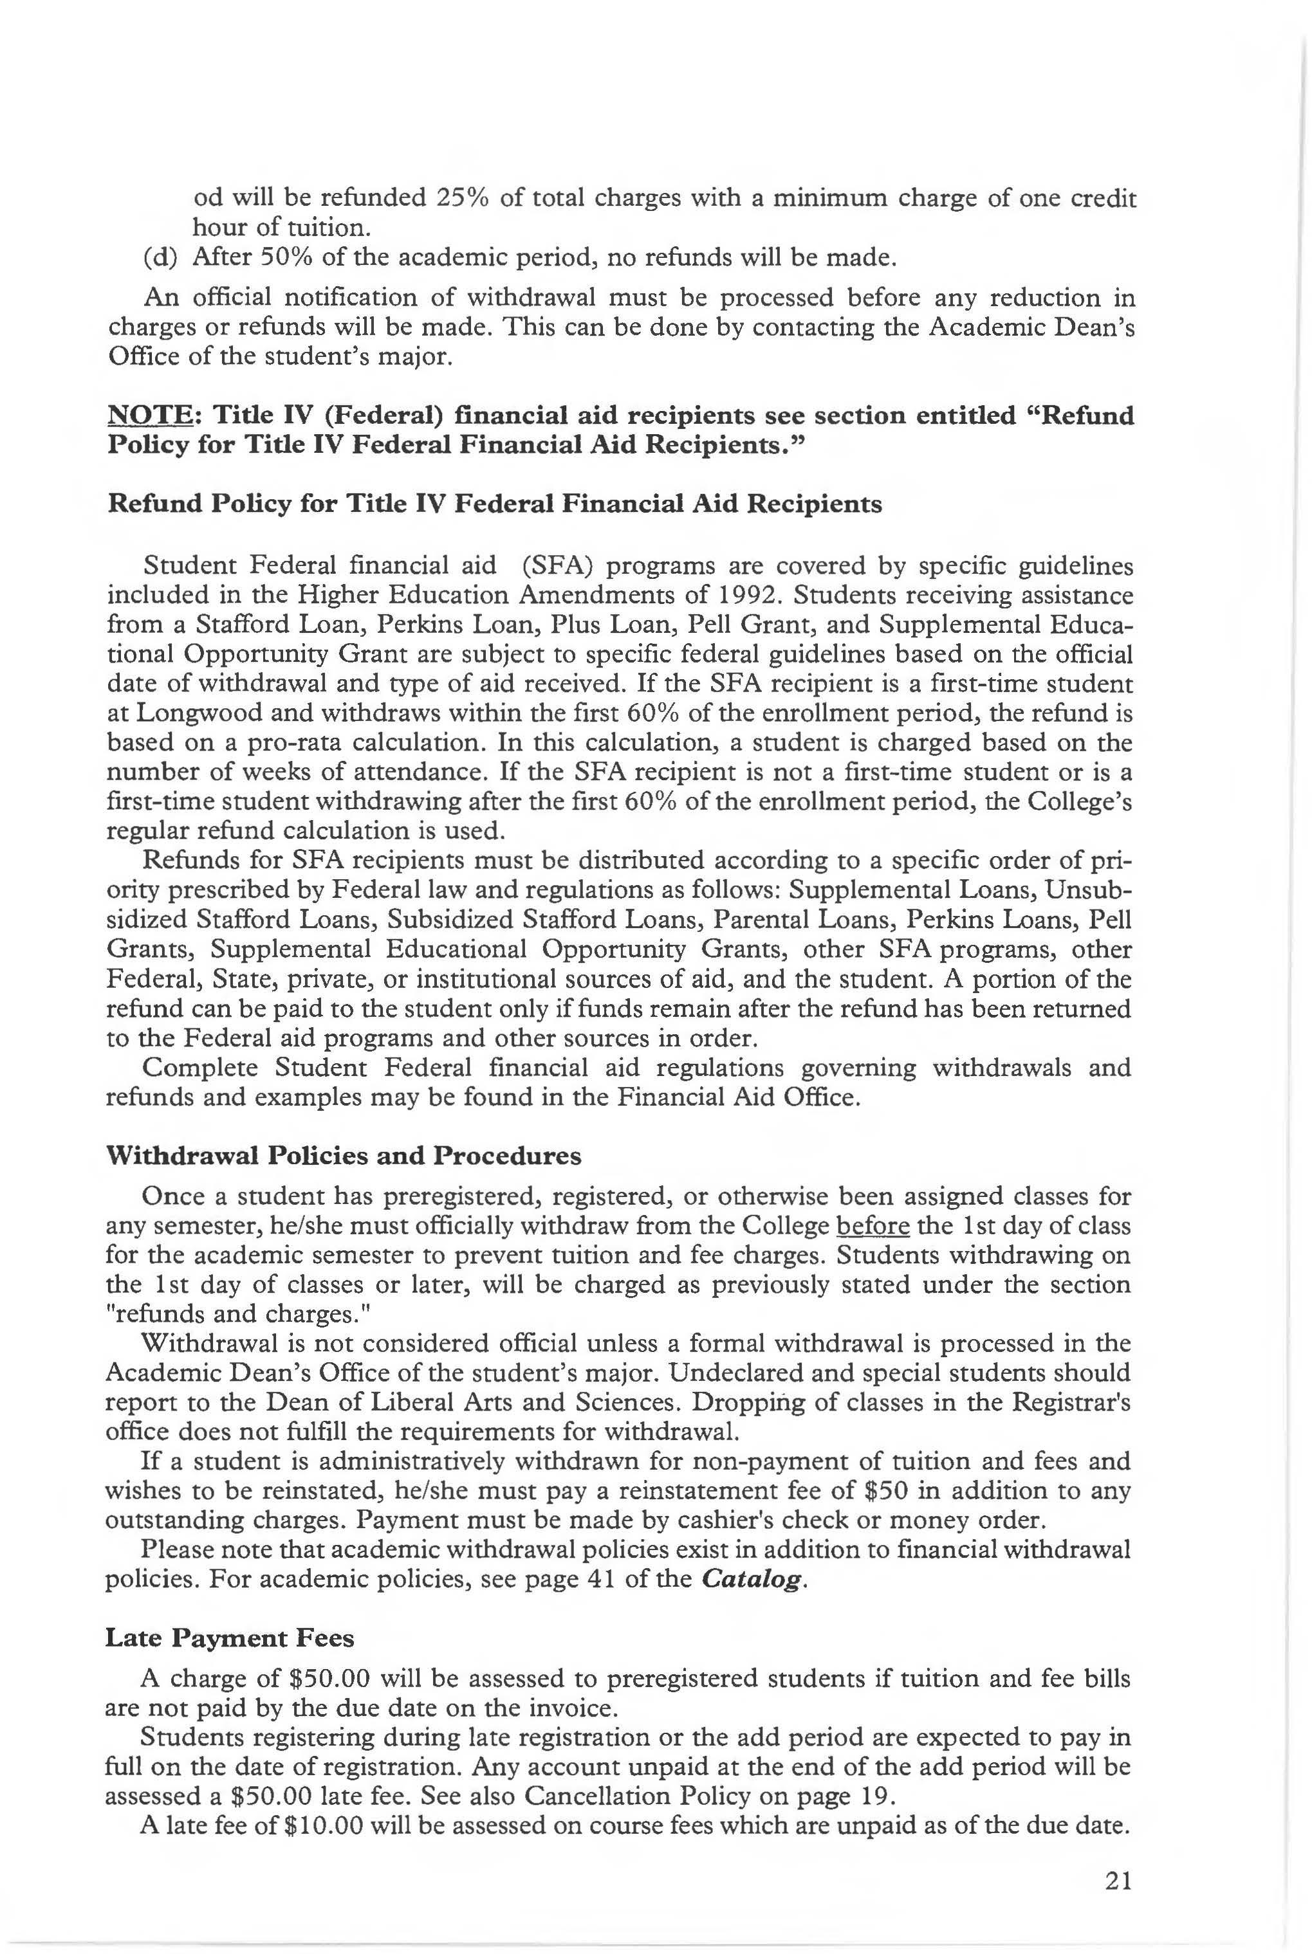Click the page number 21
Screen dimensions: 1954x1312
[1118, 1881]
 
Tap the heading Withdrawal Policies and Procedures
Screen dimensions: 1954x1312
[343, 1155]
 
